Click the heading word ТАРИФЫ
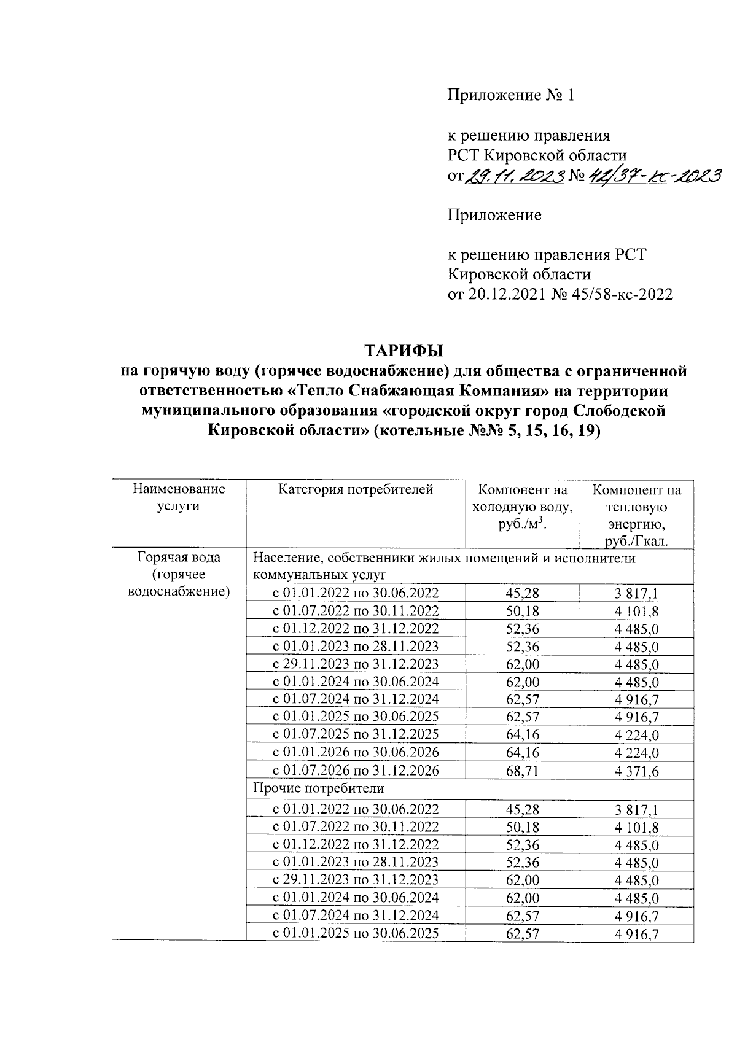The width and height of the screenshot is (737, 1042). point(404,351)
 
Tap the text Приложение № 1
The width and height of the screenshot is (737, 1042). point(510,95)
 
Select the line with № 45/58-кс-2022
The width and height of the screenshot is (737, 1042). point(560,294)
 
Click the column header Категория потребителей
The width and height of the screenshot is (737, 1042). point(356,489)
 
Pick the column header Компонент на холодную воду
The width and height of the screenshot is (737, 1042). point(523,507)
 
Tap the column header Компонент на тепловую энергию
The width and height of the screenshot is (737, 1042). point(636,515)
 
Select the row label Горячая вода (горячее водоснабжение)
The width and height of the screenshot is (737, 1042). point(179,574)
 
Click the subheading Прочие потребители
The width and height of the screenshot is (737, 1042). point(318,788)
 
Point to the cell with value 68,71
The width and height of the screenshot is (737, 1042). point(523,771)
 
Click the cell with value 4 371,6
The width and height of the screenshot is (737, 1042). point(636,771)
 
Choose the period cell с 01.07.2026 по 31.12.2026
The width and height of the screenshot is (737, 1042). point(356,770)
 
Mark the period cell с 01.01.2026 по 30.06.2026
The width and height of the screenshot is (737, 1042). point(356,752)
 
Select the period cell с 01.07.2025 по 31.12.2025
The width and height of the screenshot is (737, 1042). point(356,734)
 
